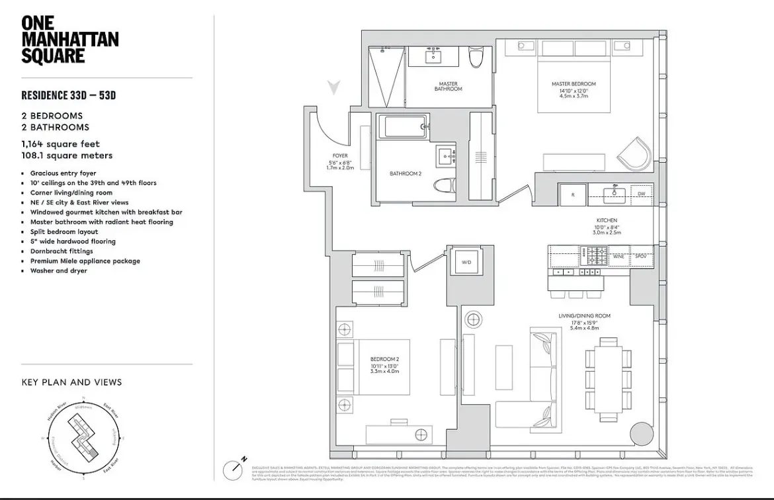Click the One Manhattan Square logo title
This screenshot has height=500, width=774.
(69, 40)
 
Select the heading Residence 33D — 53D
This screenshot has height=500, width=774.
(68, 95)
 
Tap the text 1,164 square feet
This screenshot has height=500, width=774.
(60, 144)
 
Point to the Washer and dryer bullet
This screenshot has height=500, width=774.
(58, 271)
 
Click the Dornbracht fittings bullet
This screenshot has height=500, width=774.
(61, 251)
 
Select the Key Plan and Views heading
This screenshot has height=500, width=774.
(71, 382)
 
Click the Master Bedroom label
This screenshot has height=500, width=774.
(574, 84)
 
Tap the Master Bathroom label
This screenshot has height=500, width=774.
(448, 86)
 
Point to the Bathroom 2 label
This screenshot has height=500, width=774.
(406, 174)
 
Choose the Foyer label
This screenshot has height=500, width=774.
(340, 156)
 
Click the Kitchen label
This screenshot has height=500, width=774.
(606, 220)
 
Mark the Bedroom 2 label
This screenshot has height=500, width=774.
(384, 360)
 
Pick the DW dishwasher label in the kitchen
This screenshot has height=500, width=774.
(640, 194)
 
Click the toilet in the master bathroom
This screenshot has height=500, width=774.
(476, 59)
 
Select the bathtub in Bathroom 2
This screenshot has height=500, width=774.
(404, 126)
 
